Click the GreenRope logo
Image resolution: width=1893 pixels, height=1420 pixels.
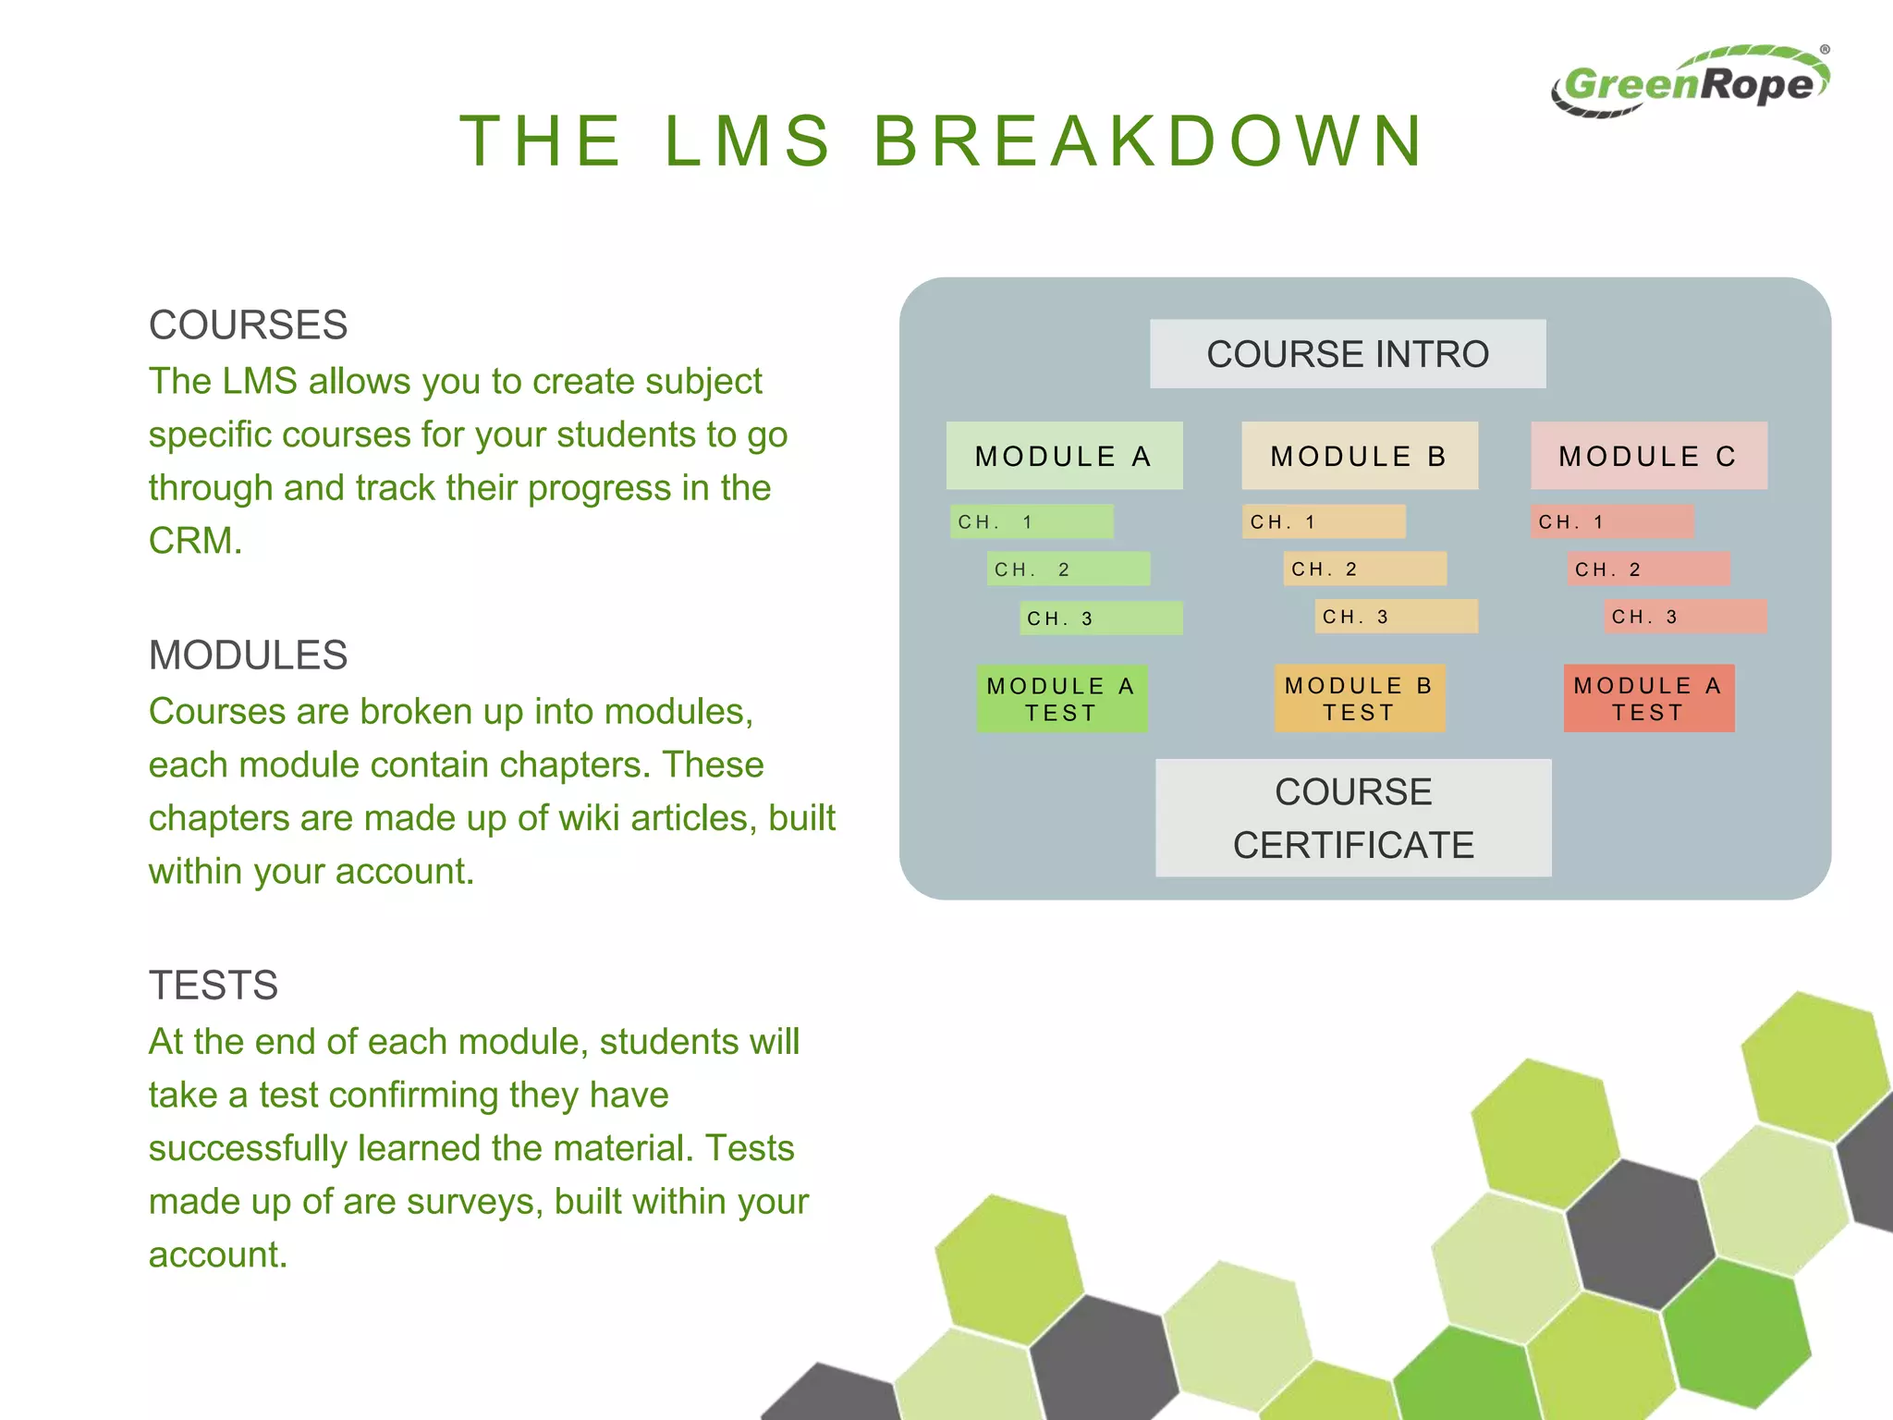click(1690, 83)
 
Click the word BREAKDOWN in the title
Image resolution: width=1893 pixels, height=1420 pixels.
click(1150, 141)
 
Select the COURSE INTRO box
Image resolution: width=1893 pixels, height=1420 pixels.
click(1347, 354)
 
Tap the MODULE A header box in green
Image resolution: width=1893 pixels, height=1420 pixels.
click(1064, 456)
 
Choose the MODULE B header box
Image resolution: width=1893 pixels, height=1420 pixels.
click(1359, 456)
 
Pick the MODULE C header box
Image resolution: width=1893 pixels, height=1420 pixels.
click(1648, 456)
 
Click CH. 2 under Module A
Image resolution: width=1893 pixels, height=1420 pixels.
click(1068, 569)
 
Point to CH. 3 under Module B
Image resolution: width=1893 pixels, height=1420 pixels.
click(1396, 617)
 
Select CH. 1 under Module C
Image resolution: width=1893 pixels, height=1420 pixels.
click(1611, 522)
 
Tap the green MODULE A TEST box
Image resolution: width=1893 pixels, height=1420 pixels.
click(1061, 699)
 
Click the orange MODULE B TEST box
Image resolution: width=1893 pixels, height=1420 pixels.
click(1359, 699)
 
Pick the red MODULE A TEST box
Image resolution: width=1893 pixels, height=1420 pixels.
click(1648, 699)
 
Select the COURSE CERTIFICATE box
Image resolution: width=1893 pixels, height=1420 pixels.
click(1352, 818)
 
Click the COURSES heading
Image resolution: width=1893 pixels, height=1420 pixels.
click(248, 325)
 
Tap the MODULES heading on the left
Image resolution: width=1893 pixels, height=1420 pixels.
click(248, 655)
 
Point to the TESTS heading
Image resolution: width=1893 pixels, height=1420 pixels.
click(213, 985)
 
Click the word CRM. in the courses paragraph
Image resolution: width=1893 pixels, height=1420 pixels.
click(195, 541)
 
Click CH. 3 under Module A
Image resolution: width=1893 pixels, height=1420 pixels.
click(1100, 618)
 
